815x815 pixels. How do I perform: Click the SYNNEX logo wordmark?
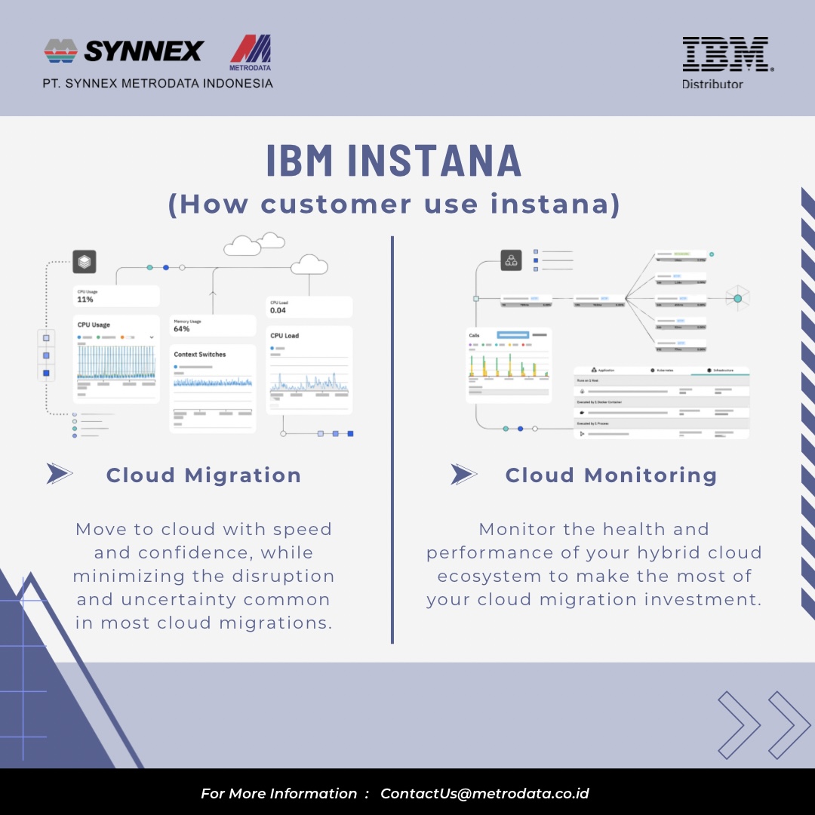click(x=143, y=51)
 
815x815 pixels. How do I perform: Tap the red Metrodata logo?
click(x=251, y=51)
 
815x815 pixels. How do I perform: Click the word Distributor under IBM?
click(x=712, y=85)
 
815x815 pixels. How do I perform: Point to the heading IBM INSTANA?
click(x=394, y=160)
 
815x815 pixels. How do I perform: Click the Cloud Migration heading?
click(x=204, y=475)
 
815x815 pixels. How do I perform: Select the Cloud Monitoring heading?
click(x=611, y=475)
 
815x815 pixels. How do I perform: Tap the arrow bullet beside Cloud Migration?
click(x=60, y=474)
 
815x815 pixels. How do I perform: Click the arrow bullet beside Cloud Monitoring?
click(x=464, y=474)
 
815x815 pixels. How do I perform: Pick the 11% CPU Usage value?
click(x=85, y=300)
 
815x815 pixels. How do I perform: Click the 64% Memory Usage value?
click(x=182, y=329)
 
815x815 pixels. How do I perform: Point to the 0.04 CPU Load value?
click(x=278, y=310)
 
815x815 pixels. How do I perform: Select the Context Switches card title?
click(x=200, y=354)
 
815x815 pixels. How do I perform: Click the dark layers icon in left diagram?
click(x=85, y=262)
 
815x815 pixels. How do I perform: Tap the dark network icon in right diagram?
click(x=512, y=260)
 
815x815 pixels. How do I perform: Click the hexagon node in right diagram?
click(x=737, y=299)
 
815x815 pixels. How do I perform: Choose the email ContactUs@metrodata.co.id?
click(x=484, y=794)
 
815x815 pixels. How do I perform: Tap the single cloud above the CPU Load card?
click(x=309, y=264)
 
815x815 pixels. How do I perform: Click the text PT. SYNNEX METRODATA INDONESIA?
click(x=158, y=84)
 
